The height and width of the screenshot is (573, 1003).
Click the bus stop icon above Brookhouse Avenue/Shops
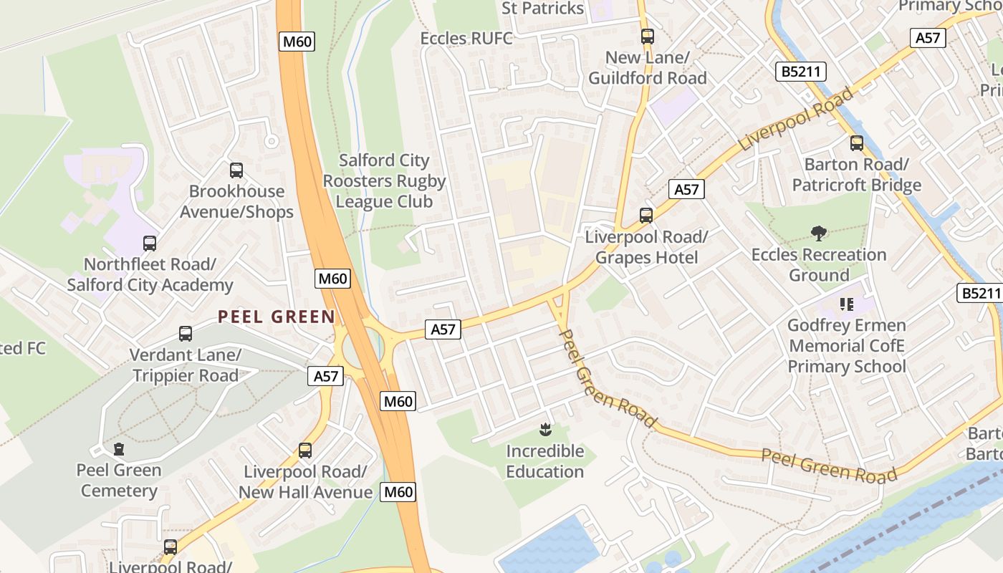pos(236,170)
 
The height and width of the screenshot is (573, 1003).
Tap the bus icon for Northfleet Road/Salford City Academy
pos(150,244)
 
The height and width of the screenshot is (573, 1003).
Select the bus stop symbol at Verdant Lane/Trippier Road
pos(186,334)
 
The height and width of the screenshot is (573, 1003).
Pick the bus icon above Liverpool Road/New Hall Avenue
pos(305,451)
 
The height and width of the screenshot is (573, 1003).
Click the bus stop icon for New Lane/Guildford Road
pos(648,36)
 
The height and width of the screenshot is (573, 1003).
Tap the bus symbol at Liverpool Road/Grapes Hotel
pos(646,215)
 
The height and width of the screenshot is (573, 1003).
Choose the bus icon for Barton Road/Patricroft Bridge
pos(857,143)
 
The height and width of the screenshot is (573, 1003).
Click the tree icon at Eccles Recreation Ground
pos(819,233)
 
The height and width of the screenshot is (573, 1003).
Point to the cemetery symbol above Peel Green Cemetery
pos(119,449)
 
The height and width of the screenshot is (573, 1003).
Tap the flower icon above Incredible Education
pos(545,430)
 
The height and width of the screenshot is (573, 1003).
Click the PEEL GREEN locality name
pos(277,317)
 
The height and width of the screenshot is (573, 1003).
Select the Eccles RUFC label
pos(466,38)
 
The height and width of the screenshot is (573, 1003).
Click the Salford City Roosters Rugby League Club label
pos(384,181)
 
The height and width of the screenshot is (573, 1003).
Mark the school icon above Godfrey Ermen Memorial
pos(847,304)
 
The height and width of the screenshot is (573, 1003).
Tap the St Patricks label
pos(542,9)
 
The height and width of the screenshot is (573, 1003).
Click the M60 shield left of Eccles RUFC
pos(297,42)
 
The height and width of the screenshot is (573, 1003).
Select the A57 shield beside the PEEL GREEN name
pos(325,376)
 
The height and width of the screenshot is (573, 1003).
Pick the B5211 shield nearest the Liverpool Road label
pos(801,72)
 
